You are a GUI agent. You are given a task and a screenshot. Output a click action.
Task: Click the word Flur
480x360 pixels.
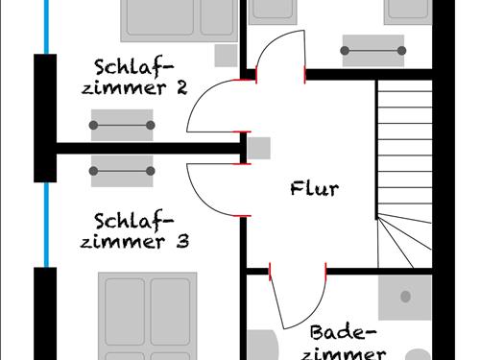[314, 188]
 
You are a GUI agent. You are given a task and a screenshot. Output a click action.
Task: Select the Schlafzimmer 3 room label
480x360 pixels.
[133, 229]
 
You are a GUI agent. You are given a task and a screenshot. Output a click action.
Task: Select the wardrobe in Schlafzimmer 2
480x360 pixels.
[122, 125]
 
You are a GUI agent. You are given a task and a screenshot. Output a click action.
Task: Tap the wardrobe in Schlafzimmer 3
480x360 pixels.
[122, 170]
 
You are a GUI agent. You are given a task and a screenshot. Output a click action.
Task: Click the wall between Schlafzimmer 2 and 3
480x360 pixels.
[144, 148]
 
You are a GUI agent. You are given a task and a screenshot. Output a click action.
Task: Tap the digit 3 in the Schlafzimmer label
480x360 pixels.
[181, 241]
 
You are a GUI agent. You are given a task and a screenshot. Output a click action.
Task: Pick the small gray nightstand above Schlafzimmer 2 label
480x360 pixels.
[225, 54]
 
